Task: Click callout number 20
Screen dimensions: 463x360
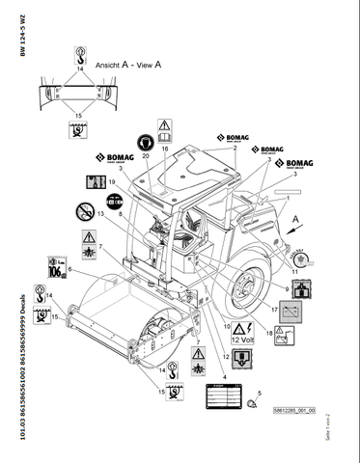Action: pyautogui.click(x=147, y=155)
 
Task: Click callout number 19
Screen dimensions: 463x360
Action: pyautogui.click(x=114, y=181)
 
